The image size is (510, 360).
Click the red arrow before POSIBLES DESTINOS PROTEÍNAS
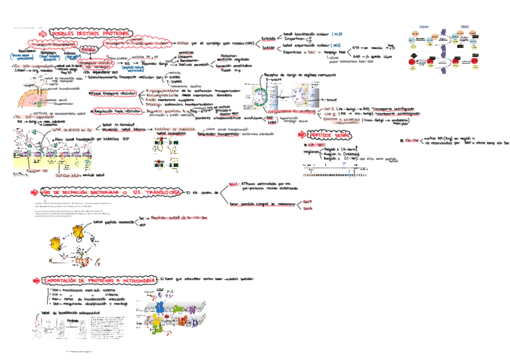tap(46, 34)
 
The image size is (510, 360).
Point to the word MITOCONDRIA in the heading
tap(135, 280)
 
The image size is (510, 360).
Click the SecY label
tap(307, 203)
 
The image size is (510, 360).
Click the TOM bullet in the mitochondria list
tap(54, 290)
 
